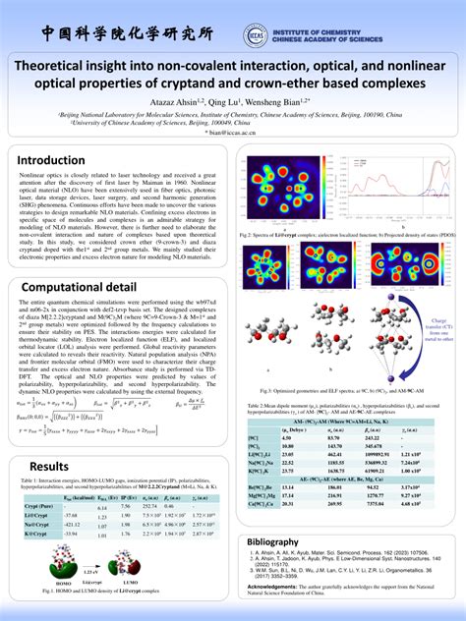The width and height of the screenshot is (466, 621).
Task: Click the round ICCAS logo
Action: coord(258,35)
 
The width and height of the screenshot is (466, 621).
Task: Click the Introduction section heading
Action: coord(50,159)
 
